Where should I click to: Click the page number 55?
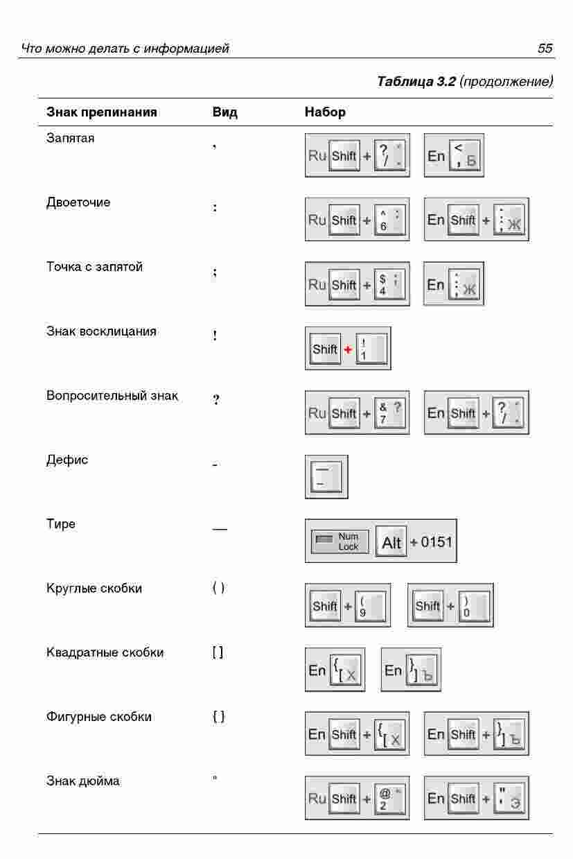click(x=545, y=49)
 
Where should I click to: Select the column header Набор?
click(x=325, y=112)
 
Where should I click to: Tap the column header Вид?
click(x=224, y=112)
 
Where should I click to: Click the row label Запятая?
click(x=71, y=138)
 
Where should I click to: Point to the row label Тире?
click(x=61, y=524)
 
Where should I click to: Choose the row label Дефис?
click(x=67, y=460)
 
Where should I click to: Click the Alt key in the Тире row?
click(x=391, y=542)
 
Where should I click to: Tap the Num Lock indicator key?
click(x=340, y=542)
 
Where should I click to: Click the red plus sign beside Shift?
click(x=348, y=349)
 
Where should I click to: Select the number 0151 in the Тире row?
click(x=437, y=541)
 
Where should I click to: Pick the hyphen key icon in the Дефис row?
click(x=326, y=477)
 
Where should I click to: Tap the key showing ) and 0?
click(x=475, y=606)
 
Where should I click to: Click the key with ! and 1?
click(x=372, y=349)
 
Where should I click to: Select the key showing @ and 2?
click(x=391, y=799)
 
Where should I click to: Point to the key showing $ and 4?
click(x=391, y=284)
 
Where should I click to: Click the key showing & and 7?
click(x=391, y=413)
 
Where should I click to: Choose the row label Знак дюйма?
click(x=83, y=781)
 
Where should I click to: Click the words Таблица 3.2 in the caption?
click(x=416, y=82)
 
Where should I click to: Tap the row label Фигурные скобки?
click(x=99, y=717)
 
